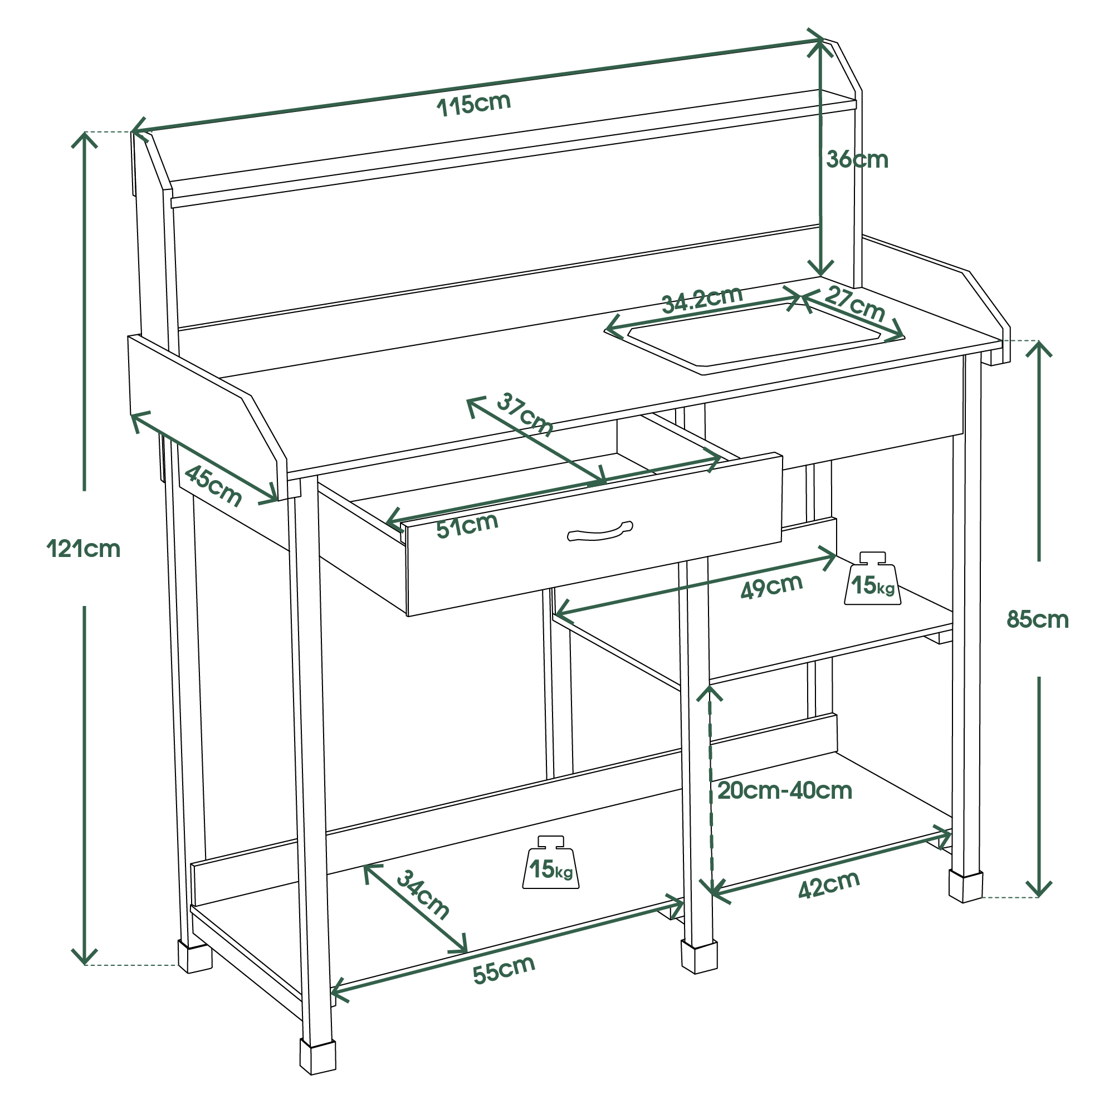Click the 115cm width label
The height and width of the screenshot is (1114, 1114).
[x=474, y=104]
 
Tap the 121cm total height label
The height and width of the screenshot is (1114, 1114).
[x=84, y=549]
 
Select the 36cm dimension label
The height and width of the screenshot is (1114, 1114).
[x=857, y=160]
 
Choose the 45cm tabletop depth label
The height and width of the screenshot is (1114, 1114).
[x=213, y=486]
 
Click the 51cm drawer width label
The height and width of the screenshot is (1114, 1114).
[x=467, y=525]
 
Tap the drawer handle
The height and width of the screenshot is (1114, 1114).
[x=600, y=531]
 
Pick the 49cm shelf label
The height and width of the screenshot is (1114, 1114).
[x=771, y=587]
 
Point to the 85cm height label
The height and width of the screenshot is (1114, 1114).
[x=1037, y=620]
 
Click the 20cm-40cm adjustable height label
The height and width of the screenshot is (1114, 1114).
[x=784, y=790]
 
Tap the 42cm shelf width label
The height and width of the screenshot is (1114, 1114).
[x=829, y=885]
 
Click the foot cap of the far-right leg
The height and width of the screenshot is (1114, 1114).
[x=965, y=886]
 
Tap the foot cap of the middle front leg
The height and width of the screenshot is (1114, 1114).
[x=699, y=956]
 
